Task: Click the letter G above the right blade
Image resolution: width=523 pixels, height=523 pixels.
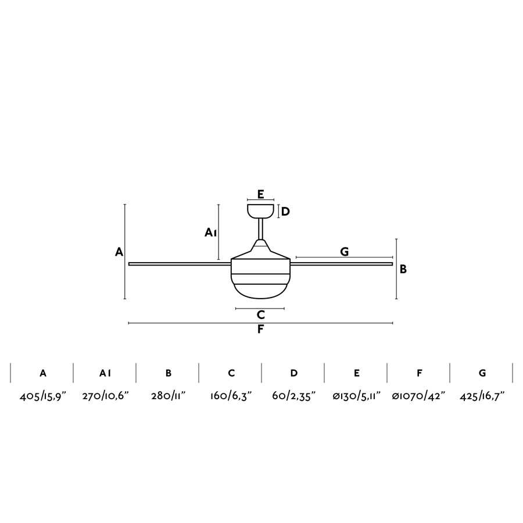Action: pyautogui.click(x=344, y=252)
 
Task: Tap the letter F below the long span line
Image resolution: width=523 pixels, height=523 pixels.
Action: pyautogui.click(x=260, y=329)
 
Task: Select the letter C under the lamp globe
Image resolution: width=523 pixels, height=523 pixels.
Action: pyautogui.click(x=261, y=314)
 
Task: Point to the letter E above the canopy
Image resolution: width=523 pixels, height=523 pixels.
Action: pyautogui.click(x=261, y=194)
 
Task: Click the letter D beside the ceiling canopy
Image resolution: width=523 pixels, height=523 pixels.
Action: pyautogui.click(x=285, y=212)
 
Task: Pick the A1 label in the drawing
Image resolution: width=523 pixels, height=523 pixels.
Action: pyautogui.click(x=211, y=232)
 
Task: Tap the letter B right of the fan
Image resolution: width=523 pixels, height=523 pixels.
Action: pyautogui.click(x=403, y=269)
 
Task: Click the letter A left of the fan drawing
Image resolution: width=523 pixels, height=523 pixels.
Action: pyautogui.click(x=119, y=252)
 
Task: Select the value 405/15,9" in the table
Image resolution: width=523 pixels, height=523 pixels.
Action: pyautogui.click(x=43, y=396)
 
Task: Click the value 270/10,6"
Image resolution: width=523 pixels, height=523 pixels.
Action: pyautogui.click(x=105, y=396)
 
